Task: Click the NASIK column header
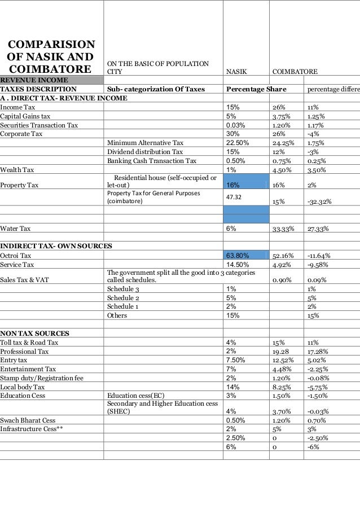[x=236, y=72]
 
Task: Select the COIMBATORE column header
[x=295, y=72]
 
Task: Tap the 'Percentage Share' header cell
[x=256, y=89]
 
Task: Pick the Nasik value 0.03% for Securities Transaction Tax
[x=235, y=125]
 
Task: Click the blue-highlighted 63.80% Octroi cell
[x=238, y=256]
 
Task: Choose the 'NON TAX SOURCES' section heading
[x=35, y=333]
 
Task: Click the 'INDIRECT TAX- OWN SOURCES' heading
[x=56, y=247]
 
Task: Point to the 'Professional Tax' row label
[x=24, y=351]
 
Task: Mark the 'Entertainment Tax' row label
[x=28, y=369]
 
